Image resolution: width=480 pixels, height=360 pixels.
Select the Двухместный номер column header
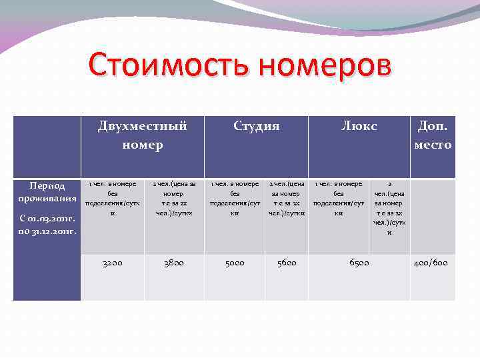[142, 135]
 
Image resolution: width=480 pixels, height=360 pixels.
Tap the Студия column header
[256, 126]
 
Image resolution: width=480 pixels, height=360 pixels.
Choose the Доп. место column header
[433, 135]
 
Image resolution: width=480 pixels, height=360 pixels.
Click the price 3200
[112, 263]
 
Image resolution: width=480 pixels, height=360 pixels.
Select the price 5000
[234, 263]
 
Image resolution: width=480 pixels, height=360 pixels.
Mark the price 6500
[359, 263]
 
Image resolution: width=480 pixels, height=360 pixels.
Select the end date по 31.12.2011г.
[47, 231]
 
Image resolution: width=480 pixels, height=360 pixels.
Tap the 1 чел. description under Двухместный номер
[112, 199]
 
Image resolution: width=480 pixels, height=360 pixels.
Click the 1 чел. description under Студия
[234, 199]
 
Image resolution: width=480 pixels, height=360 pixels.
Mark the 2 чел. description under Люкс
[389, 208]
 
